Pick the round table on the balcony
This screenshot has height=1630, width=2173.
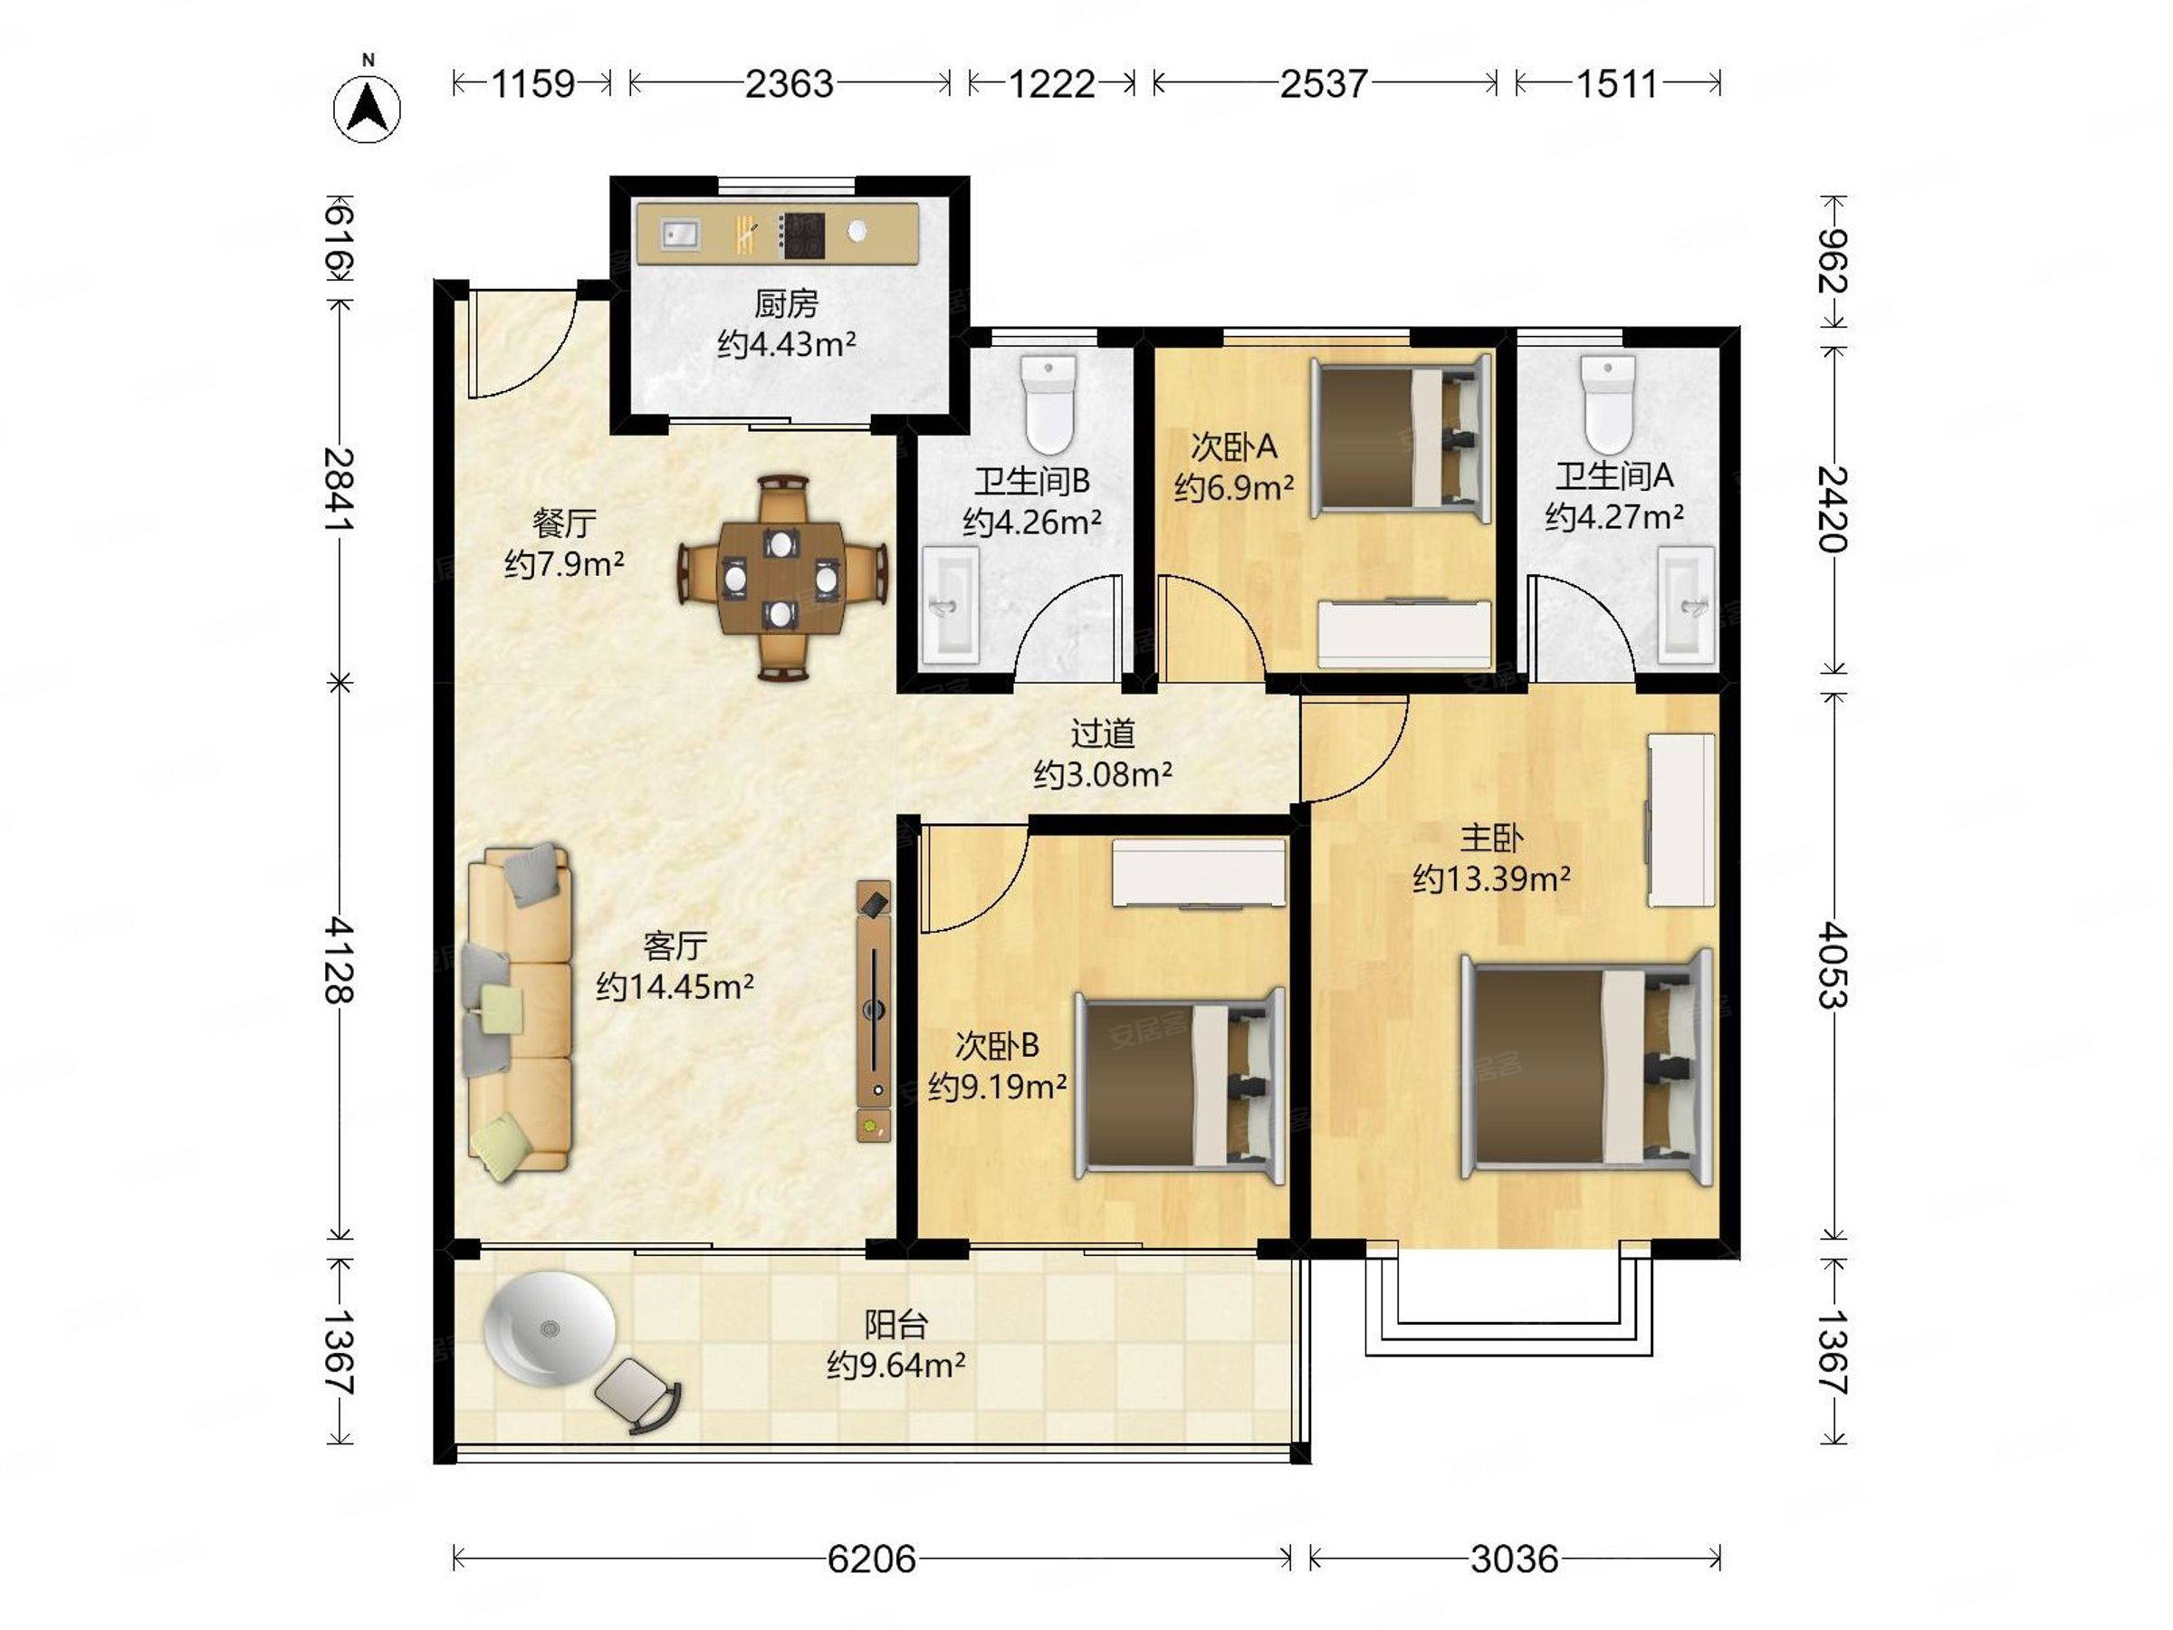[x=550, y=1328]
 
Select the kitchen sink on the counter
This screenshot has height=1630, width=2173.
[x=679, y=235]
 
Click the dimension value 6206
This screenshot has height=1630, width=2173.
[x=871, y=1558]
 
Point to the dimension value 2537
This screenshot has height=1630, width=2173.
[x=1323, y=84]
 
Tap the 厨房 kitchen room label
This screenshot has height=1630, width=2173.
[x=786, y=303]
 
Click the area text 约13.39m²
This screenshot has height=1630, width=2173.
[x=1491, y=877]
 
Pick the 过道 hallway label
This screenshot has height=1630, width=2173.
[x=1102, y=733]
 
